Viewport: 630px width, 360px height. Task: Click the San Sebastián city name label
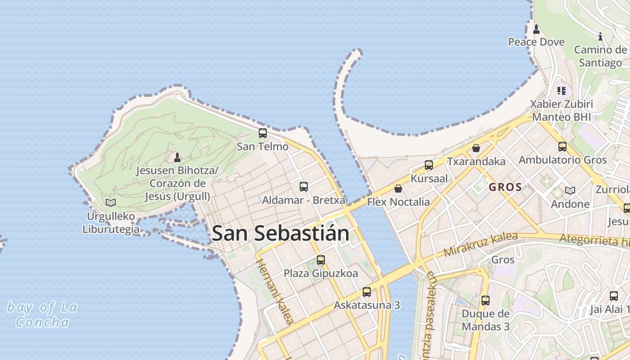pos(280,233)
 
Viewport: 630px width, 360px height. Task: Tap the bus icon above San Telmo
pos(262,133)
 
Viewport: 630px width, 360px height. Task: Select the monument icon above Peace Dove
pos(536,29)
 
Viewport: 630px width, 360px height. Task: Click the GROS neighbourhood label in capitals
pos(505,187)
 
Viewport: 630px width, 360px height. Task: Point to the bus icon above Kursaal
pos(429,165)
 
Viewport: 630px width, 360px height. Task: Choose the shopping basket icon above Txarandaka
pos(476,148)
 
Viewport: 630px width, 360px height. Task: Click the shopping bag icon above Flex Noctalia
pos(398,189)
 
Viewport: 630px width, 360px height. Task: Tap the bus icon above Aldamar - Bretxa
pos(304,186)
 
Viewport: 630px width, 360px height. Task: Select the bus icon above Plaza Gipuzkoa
pos(321,260)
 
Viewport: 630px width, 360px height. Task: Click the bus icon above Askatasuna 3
pos(367,292)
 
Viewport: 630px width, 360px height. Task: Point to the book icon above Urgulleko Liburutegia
pos(111,202)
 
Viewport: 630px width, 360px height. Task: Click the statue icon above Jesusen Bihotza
pos(177,157)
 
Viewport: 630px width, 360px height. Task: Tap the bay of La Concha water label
pos(42,315)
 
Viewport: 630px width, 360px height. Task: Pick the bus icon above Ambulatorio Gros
pos(562,146)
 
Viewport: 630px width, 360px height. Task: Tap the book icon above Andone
pos(570,190)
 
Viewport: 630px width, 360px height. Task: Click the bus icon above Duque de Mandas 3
pos(486,300)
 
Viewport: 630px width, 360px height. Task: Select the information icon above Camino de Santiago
pos(600,36)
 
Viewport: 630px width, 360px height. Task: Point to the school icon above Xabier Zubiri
pos(561,91)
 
